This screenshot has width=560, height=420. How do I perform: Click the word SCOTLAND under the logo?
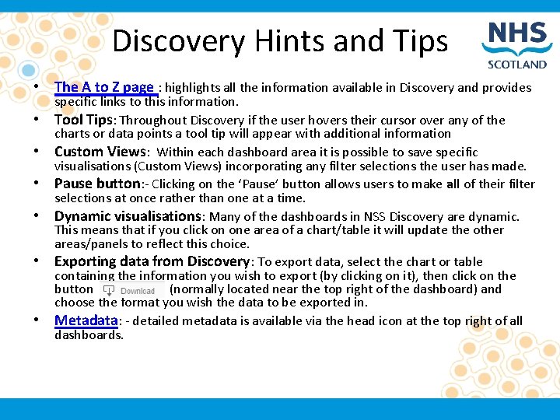coord(517,65)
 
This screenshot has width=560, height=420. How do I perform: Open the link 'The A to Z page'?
coord(104,88)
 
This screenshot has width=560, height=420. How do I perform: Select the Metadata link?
coord(86,321)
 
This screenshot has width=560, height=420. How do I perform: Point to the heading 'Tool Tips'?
coord(84,120)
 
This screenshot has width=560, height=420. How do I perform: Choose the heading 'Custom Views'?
coord(100,152)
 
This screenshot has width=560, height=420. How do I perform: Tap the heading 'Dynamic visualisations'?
coord(128,217)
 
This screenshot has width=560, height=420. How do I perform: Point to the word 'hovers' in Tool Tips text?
coord(336,121)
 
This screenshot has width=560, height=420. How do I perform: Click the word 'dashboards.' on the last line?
coord(89,335)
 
